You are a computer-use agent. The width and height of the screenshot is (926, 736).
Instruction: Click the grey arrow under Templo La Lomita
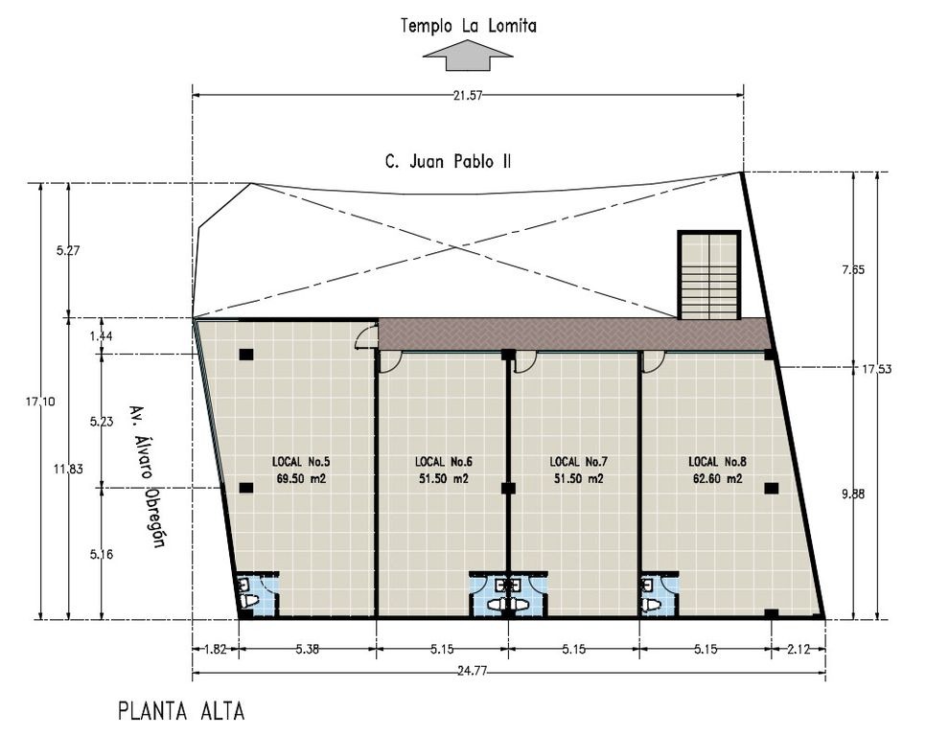point(468,56)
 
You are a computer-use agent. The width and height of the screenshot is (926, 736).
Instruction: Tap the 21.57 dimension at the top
point(468,96)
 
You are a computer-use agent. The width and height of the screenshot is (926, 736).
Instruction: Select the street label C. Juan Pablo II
point(448,162)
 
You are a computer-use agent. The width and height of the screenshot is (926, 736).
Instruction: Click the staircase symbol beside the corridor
point(709,274)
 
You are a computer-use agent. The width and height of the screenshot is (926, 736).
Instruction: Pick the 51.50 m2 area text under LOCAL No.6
point(444,478)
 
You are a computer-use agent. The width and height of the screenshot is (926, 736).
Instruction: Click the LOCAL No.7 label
point(578,462)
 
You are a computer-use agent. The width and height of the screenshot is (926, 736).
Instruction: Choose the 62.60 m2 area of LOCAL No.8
point(718,478)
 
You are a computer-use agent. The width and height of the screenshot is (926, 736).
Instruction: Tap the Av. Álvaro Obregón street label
point(148,475)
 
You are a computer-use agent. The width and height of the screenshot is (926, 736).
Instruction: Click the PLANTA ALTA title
point(181,711)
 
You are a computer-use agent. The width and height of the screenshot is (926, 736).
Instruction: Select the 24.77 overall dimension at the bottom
point(472,671)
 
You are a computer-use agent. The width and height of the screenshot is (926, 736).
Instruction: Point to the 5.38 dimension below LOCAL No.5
point(307,649)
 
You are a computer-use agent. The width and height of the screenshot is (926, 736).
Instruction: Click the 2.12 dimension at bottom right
point(799,649)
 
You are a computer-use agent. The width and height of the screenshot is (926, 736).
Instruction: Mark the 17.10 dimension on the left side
point(40,402)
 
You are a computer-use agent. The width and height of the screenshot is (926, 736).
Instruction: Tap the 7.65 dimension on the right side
point(853,269)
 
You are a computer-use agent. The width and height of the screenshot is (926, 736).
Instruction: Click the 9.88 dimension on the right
point(853,494)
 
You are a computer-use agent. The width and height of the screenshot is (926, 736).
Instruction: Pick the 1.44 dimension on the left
point(101,335)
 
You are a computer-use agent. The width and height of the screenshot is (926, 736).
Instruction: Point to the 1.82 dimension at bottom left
point(215,649)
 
